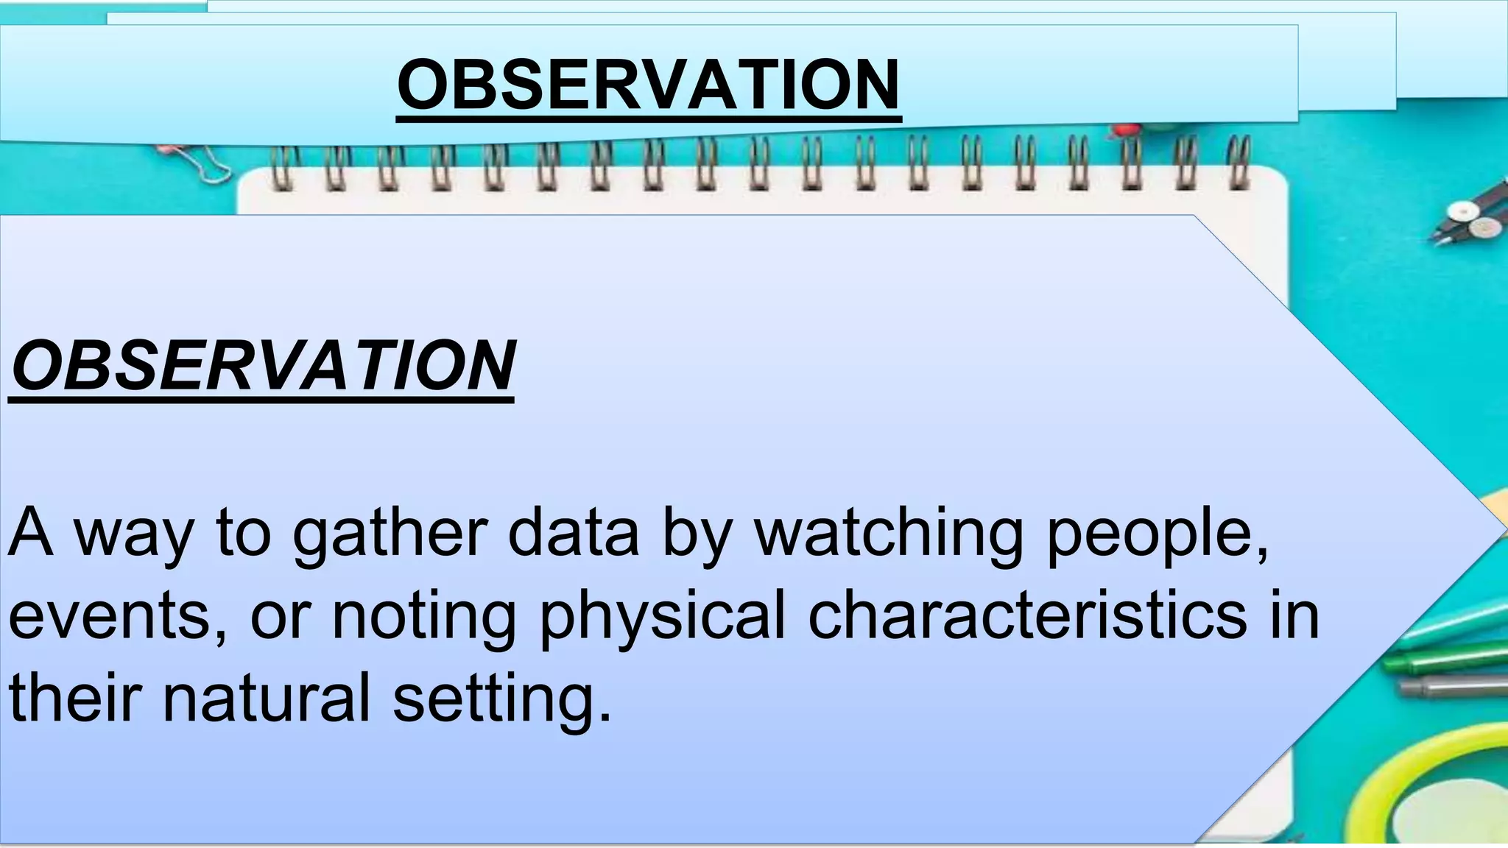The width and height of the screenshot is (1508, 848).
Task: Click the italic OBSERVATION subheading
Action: [262, 366]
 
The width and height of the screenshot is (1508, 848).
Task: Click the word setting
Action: [501, 699]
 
